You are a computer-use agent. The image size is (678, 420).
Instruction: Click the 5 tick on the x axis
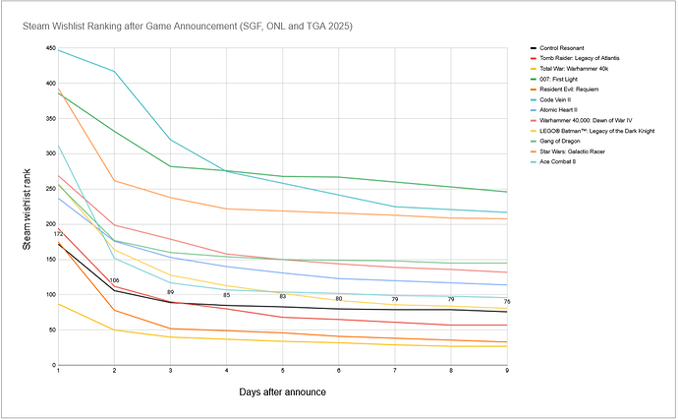tap(283, 371)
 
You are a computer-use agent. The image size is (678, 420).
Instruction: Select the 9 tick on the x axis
tap(507, 371)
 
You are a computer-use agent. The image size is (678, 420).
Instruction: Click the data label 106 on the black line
tap(115, 280)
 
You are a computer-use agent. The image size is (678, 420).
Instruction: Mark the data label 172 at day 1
tap(58, 233)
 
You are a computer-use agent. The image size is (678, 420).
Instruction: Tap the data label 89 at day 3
tap(170, 292)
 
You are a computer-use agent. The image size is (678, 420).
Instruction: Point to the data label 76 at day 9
tap(507, 301)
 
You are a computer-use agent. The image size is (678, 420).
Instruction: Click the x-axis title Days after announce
tap(283, 392)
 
